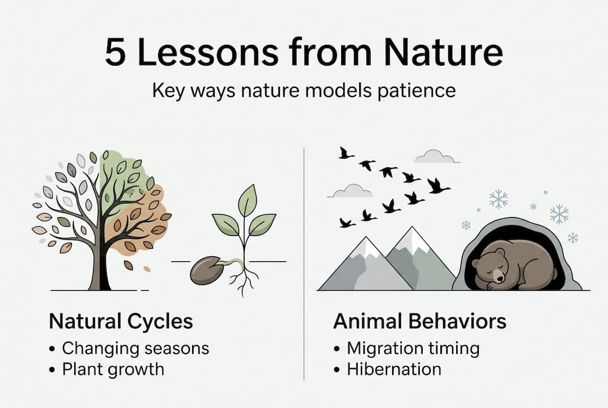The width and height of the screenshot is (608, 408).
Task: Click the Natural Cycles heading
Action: (x=121, y=322)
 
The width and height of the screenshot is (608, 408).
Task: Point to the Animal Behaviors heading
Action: (x=419, y=322)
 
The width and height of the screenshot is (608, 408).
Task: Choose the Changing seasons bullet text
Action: (x=135, y=347)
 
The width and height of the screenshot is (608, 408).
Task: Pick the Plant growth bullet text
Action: (x=113, y=369)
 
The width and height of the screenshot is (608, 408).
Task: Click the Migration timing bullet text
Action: (x=413, y=347)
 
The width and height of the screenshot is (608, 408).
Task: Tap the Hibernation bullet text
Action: (x=394, y=369)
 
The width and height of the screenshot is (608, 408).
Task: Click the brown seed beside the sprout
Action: (x=206, y=271)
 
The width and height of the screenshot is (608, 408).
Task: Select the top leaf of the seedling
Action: (x=247, y=200)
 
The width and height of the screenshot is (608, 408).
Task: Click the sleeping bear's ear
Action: (x=499, y=252)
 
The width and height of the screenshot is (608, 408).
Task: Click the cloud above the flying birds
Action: (x=434, y=156)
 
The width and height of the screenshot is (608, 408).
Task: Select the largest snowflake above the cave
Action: (x=498, y=199)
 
